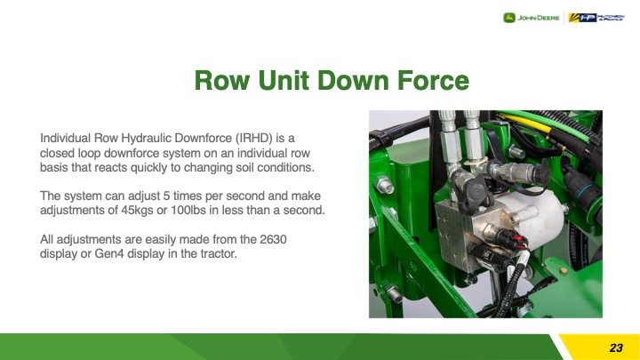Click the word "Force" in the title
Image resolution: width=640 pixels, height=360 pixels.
coord(433,80)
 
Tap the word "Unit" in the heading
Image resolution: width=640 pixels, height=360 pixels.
coord(284,80)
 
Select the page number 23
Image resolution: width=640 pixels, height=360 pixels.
coord(616,348)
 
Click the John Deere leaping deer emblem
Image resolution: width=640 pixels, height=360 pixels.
coord(509,18)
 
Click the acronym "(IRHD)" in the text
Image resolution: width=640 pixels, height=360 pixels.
coord(253,139)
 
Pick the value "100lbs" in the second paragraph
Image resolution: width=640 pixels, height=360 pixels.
coord(180,210)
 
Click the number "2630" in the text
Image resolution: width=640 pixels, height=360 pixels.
coord(273,239)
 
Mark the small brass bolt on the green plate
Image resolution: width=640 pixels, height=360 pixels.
coord(564,270)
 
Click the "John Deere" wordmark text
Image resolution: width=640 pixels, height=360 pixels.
coord(539,18)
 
